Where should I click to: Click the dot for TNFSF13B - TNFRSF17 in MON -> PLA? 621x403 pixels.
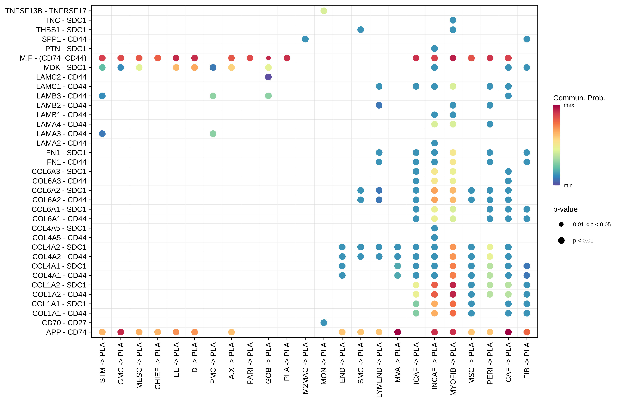tap(324, 11)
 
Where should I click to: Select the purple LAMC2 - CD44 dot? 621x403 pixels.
tap(268, 77)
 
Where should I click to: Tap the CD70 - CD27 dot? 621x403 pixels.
tap(324, 323)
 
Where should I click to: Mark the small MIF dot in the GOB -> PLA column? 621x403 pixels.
tap(268, 58)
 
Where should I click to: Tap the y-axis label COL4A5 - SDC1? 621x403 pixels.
tap(59, 228)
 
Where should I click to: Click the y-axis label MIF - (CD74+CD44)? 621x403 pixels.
tap(53, 58)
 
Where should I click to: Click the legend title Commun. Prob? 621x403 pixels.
tap(579, 98)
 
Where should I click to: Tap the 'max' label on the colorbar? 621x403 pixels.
tap(569, 105)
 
